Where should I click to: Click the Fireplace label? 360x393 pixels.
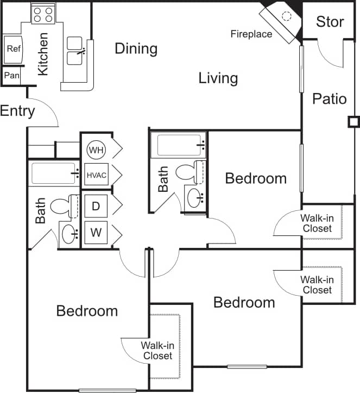pyautogui.click(x=251, y=34)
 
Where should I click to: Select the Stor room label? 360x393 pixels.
pyautogui.click(x=330, y=22)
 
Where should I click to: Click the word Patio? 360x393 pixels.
pyautogui.click(x=329, y=99)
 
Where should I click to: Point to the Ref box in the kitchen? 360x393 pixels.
pyautogui.click(x=14, y=49)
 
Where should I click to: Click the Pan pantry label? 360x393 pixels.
pyautogui.click(x=11, y=76)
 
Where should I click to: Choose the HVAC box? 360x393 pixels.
pyautogui.click(x=97, y=175)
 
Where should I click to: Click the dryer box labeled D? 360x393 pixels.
pyautogui.click(x=96, y=206)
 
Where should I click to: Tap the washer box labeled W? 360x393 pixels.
pyautogui.click(x=96, y=233)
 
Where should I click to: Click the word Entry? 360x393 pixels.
pyautogui.click(x=17, y=111)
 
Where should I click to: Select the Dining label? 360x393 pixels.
pyautogui.click(x=136, y=49)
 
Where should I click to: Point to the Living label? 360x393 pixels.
pyautogui.click(x=218, y=78)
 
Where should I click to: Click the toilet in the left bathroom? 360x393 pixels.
pyautogui.click(x=61, y=206)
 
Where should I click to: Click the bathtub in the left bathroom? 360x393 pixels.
pyautogui.click(x=53, y=174)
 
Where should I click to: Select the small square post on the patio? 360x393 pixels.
pyautogui.click(x=353, y=122)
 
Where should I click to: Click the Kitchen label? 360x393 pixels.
pyautogui.click(x=42, y=54)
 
